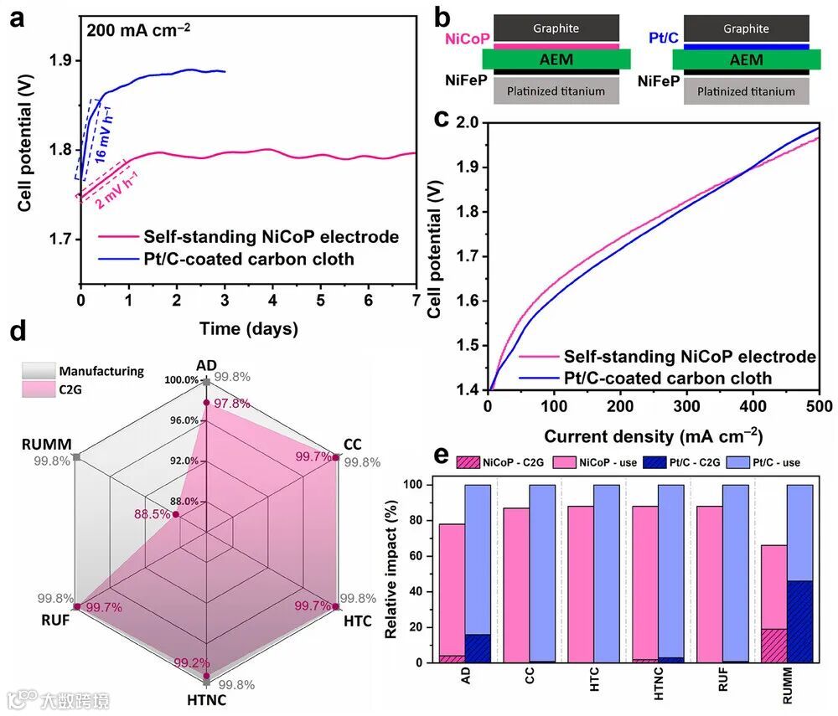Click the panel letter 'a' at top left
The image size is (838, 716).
pyautogui.click(x=14, y=18)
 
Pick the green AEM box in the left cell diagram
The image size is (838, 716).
pyautogui.click(x=556, y=59)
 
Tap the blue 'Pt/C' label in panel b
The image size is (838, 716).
pyautogui.click(x=665, y=38)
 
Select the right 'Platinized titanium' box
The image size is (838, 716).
pyautogui.click(x=746, y=91)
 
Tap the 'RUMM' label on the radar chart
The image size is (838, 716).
pyautogui.click(x=49, y=443)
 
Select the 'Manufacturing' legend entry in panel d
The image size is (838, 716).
pyautogui.click(x=101, y=371)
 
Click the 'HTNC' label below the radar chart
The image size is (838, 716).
pyautogui.click(x=205, y=699)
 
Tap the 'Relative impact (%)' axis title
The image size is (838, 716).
pyautogui.click(x=391, y=563)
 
